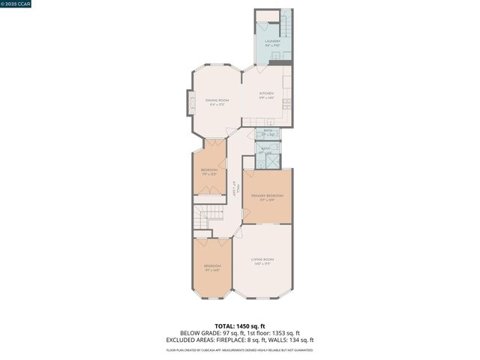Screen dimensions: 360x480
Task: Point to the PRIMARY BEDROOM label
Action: [x=267, y=196]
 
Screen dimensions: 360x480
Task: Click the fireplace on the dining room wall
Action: [x=191, y=102]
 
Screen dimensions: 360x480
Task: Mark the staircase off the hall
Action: [x=208, y=217]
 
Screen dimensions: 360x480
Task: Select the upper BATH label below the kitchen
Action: [x=266, y=133]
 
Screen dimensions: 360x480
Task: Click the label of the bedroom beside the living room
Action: [x=213, y=268]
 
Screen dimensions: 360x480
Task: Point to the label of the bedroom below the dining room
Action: [x=209, y=172]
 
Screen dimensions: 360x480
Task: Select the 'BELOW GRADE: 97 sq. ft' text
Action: [x=205, y=333]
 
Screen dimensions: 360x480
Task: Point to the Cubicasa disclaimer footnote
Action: [x=240, y=349]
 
